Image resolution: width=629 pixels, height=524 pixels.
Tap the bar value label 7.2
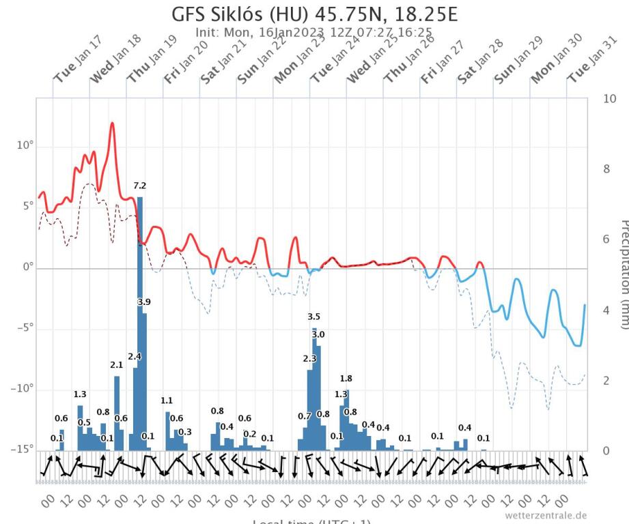(x=140, y=186)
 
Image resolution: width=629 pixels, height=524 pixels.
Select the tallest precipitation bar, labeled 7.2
(x=140, y=321)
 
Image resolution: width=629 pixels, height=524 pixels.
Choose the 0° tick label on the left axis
(x=27, y=268)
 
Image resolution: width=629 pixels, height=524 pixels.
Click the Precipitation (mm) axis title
(x=622, y=273)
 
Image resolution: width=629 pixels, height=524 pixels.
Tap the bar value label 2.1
(x=117, y=365)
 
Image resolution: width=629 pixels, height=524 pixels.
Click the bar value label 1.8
(x=346, y=379)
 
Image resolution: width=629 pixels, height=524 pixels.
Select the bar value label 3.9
(x=144, y=302)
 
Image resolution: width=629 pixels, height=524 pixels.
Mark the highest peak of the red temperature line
(x=112, y=123)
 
